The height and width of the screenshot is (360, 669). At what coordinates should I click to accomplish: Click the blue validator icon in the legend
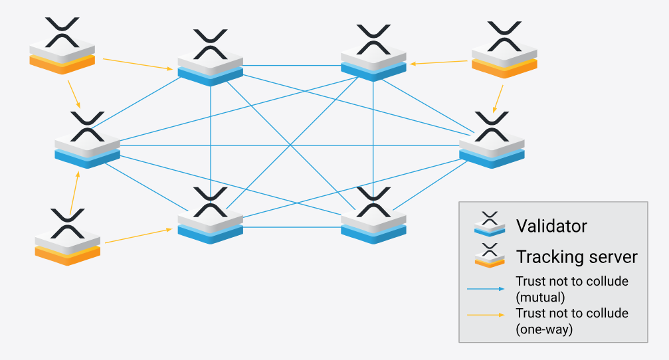click(x=490, y=226)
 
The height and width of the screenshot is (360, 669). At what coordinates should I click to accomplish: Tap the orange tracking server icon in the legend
click(x=490, y=256)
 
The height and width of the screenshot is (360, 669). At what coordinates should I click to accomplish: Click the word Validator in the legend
click(x=551, y=226)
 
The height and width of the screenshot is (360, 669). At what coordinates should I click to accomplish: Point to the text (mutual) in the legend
click(x=541, y=296)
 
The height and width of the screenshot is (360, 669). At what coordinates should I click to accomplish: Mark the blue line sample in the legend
click(x=488, y=289)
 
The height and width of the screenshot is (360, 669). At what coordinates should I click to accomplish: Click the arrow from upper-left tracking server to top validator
click(x=137, y=64)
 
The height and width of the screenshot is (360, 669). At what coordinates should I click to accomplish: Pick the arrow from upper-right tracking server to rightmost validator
click(x=497, y=94)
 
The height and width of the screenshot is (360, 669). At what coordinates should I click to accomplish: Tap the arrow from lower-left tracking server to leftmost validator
click(x=74, y=193)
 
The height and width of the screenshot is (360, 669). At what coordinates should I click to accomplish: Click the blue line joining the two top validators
click(x=292, y=65)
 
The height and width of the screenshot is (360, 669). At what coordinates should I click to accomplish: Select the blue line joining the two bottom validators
click(x=292, y=226)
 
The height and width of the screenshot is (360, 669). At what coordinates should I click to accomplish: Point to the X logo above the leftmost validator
click(x=87, y=126)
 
